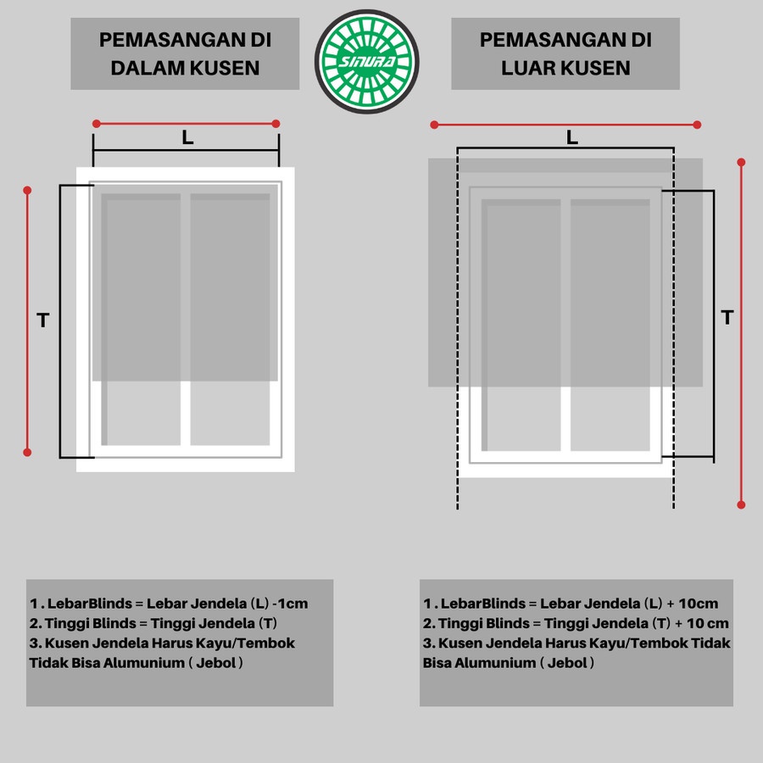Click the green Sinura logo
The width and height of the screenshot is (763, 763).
[x=367, y=62]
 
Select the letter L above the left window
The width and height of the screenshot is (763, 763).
[x=188, y=137]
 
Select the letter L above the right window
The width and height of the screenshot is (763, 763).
[x=572, y=137]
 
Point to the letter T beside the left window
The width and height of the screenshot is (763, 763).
[x=43, y=320]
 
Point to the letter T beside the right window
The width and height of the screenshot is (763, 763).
[x=727, y=317]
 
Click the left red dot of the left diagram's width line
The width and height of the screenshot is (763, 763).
[x=97, y=124]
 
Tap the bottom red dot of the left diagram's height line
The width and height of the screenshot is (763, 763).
[x=27, y=452]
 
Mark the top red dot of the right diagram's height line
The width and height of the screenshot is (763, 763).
[x=741, y=162]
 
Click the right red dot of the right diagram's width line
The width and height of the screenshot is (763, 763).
[x=697, y=125]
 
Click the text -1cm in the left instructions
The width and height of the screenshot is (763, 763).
[x=291, y=604]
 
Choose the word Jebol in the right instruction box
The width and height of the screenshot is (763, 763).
[x=567, y=663]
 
